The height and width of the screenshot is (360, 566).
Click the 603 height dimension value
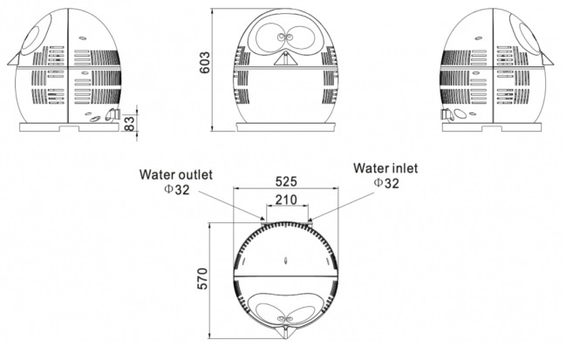[x=205, y=69]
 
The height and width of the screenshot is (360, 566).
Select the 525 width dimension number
[x=287, y=181]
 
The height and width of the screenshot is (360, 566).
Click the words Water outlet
[x=175, y=173]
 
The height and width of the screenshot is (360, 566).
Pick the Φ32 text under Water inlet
[x=385, y=183]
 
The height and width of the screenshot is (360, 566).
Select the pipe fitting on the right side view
[x=447, y=113]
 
